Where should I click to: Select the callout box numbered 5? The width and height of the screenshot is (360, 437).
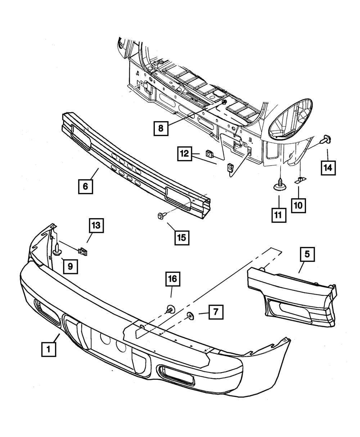[307, 254]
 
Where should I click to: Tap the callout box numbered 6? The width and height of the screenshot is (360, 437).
[85, 186]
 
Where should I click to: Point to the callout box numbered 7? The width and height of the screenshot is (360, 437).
[215, 312]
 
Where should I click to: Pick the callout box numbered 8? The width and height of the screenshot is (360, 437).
[161, 127]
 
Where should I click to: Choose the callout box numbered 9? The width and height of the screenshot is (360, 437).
[70, 266]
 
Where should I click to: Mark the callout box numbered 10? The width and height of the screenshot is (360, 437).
[298, 205]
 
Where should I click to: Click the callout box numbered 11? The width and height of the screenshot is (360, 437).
[279, 215]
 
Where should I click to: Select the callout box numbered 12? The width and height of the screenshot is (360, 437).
[185, 154]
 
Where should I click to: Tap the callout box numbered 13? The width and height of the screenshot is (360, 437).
[96, 226]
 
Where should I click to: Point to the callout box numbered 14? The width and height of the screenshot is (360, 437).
[328, 167]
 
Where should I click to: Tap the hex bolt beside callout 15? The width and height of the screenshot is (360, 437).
[161, 216]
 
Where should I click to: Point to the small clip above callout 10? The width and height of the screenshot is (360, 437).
[300, 180]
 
